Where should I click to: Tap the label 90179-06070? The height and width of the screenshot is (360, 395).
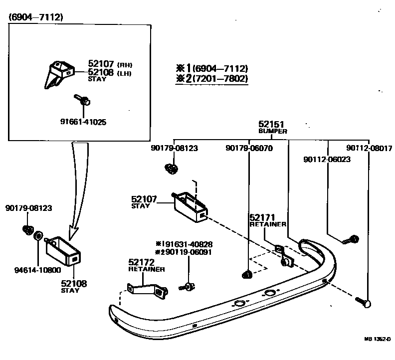(249, 148)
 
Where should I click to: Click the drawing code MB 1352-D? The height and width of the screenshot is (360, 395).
(377, 340)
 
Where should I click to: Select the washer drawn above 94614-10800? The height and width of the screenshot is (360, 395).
(37, 235)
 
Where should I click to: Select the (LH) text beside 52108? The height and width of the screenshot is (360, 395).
(125, 72)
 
